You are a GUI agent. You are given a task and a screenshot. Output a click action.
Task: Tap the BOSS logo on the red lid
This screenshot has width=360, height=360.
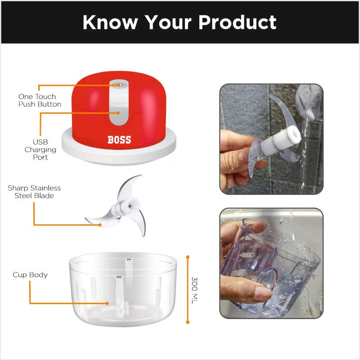[119, 140]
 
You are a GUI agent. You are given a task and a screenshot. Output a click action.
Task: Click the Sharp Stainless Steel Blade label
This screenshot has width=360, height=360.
[34, 192]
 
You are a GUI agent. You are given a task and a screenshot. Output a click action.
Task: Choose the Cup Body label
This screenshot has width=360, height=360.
[30, 274]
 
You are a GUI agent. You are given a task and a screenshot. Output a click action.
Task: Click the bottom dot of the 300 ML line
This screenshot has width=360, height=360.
[188, 322]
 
